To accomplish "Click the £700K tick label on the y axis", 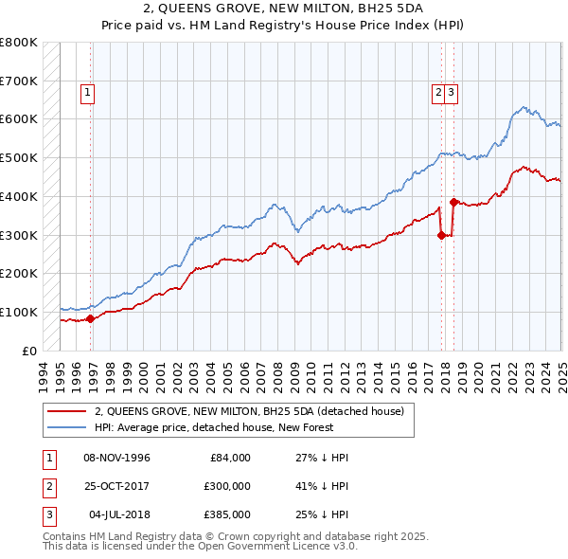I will click(19, 81).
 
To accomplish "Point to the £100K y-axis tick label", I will click(19, 312).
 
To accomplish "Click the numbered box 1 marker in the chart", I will click(87, 93).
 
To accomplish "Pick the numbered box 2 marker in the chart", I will click(439, 93).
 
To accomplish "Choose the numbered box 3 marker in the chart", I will click(453, 93).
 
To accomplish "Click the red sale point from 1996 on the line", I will click(91, 318).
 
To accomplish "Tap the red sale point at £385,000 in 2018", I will click(453, 202).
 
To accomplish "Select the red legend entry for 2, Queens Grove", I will click(249, 411).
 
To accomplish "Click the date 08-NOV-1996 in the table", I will click(117, 458).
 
